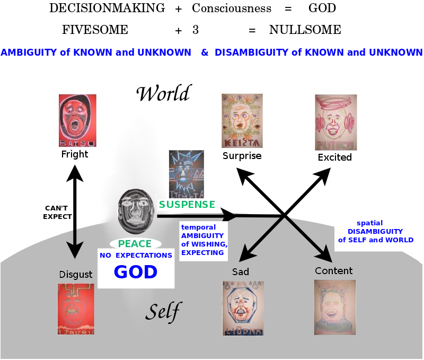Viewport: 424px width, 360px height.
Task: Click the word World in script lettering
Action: tap(163, 94)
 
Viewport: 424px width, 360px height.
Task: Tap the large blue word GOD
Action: tap(136, 272)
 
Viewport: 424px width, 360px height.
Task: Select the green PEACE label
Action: tap(135, 244)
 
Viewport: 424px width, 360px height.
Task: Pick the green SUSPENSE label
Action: tap(187, 205)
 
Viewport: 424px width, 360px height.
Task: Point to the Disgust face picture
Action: tap(76, 309)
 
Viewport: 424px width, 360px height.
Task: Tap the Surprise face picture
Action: tap(242, 121)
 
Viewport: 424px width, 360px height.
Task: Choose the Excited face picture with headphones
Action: tap(335, 123)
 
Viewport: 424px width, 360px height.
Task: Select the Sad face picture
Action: tap(243, 308)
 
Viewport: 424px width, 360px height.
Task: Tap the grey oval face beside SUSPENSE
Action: tap(137, 213)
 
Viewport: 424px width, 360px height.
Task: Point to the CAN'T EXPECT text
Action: tap(57, 213)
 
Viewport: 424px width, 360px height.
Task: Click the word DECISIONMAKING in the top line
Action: tap(107, 8)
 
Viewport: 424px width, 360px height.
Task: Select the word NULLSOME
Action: tap(305, 30)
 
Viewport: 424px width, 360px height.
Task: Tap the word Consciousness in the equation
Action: tap(232, 8)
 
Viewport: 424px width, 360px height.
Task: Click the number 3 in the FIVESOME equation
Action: tap(196, 30)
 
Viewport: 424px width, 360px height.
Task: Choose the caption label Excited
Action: tap(334, 157)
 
